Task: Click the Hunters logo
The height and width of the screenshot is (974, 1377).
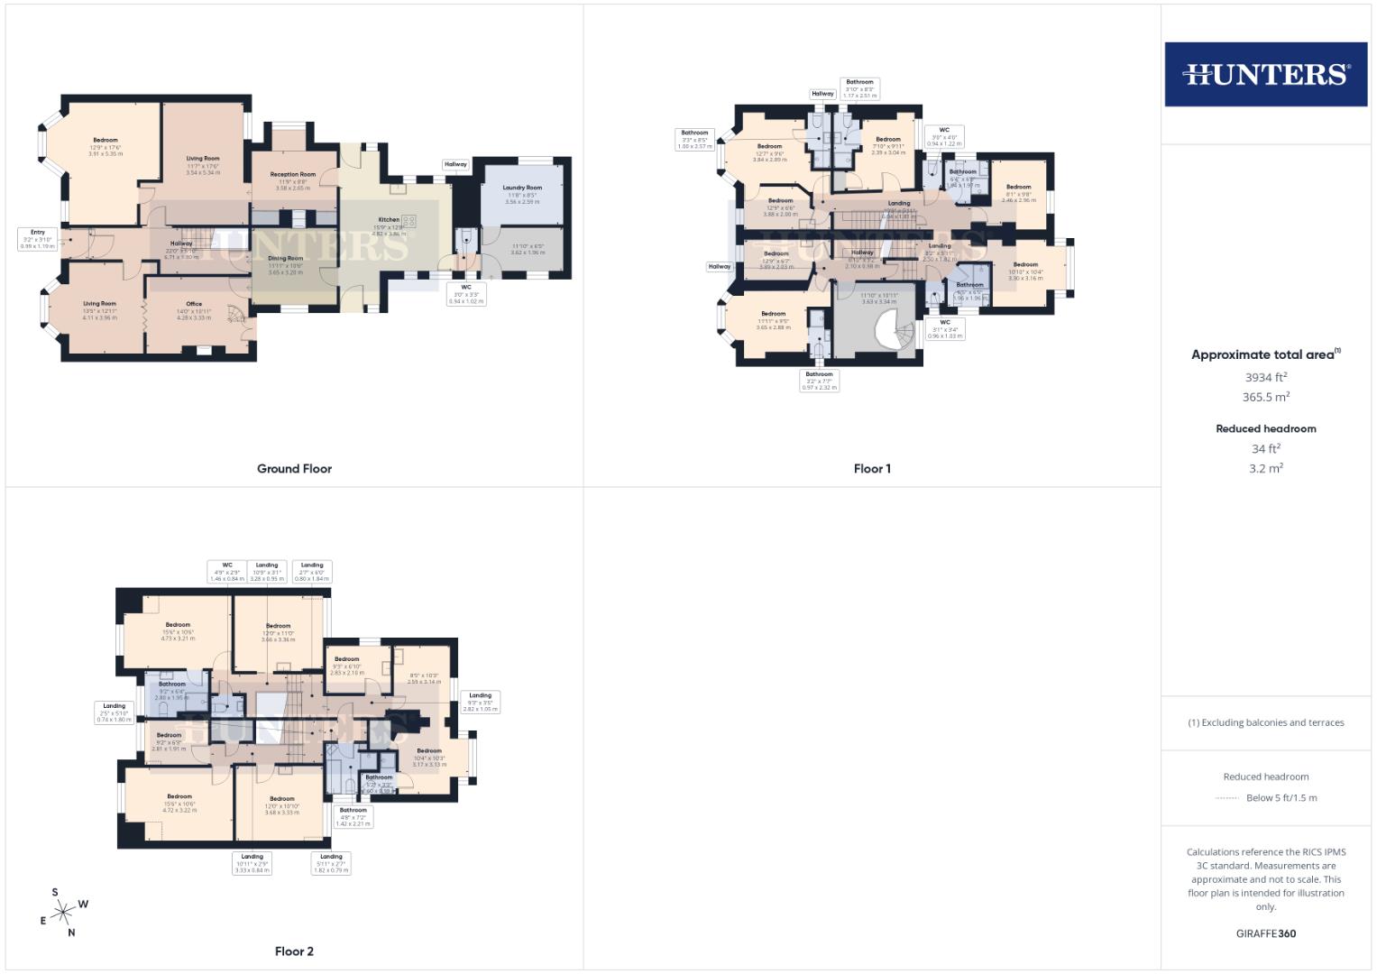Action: point(1265,74)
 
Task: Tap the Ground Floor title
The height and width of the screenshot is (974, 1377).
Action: point(294,469)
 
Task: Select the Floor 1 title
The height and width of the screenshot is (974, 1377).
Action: point(872,469)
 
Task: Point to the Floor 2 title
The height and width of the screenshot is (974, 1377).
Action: point(294,951)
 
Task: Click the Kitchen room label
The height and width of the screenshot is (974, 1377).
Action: point(388,220)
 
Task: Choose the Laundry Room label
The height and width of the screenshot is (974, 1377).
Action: point(522,188)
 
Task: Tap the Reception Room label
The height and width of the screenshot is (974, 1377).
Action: point(293,175)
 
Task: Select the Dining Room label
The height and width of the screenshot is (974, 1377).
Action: point(285,259)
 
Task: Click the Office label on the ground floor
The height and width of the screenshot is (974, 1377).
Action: point(194,305)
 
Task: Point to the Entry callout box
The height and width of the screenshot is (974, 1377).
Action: point(38,238)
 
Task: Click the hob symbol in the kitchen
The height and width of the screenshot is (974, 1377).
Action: point(409,221)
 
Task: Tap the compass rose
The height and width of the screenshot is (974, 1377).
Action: point(63,913)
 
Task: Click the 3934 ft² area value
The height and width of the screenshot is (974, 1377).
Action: point(1265,378)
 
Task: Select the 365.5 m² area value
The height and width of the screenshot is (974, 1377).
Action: point(1265,397)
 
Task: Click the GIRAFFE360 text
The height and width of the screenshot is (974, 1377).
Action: point(1265,933)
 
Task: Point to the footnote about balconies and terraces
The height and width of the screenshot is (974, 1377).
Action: point(1265,722)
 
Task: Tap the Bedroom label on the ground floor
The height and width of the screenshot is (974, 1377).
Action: point(106,141)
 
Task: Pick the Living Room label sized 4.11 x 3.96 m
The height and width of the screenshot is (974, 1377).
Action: point(99,305)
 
